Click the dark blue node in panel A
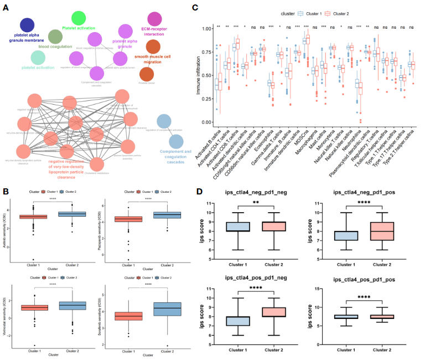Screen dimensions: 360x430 point(27,25)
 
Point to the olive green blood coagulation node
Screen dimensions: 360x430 point(55,37)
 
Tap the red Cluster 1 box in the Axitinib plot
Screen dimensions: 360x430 point(34,217)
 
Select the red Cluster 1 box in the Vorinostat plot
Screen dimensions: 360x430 point(34,307)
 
